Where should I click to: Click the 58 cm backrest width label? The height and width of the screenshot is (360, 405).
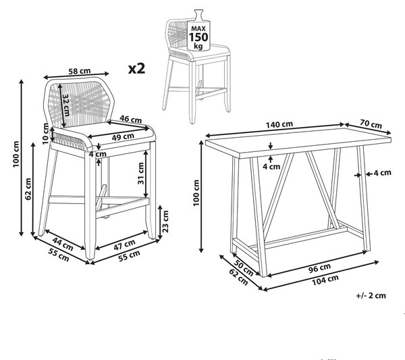pyautogui.click(x=79, y=71)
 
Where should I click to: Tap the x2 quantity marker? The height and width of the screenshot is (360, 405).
pyautogui.click(x=136, y=69)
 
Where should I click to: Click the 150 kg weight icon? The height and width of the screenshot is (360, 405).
pyautogui.click(x=198, y=30)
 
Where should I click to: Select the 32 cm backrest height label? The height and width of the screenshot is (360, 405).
pyautogui.click(x=66, y=105)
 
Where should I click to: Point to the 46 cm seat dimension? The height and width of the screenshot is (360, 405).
pyautogui.click(x=131, y=119)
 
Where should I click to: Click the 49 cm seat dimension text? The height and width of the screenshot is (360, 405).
pyautogui.click(x=123, y=136)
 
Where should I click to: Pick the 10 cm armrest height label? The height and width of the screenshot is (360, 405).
pyautogui.click(x=45, y=134)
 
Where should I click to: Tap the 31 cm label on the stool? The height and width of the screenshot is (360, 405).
pyautogui.click(x=141, y=173)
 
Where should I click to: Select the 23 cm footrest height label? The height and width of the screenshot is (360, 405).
pyautogui.click(x=165, y=222)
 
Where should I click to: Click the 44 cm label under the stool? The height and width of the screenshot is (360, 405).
pyautogui.click(x=63, y=244)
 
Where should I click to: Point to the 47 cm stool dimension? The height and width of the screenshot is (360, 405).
pyautogui.click(x=124, y=245)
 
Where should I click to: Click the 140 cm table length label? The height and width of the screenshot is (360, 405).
pyautogui.click(x=279, y=124)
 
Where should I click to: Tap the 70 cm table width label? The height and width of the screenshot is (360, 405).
pyautogui.click(x=371, y=124)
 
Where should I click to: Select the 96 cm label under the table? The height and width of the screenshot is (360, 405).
pyautogui.click(x=319, y=268)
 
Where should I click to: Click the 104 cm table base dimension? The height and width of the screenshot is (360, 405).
pyautogui.click(x=325, y=280)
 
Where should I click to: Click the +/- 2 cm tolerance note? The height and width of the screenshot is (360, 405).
pyautogui.click(x=371, y=295)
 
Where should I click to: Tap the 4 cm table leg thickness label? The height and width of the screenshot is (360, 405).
pyautogui.click(x=382, y=173)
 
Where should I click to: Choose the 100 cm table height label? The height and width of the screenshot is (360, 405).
pyautogui.click(x=196, y=192)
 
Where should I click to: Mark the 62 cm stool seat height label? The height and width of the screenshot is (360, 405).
pyautogui.click(x=28, y=189)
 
